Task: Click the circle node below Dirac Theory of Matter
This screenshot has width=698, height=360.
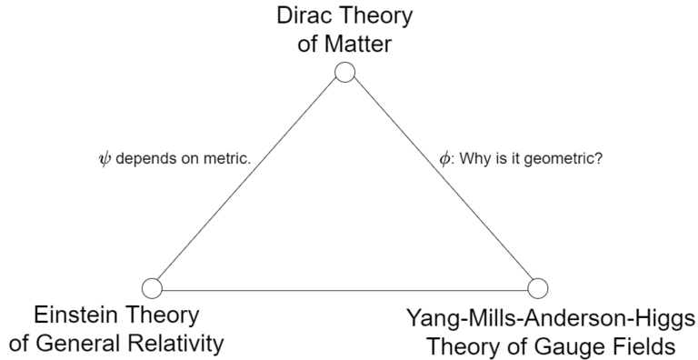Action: point(344,73)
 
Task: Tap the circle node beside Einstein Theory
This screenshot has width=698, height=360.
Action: point(153,288)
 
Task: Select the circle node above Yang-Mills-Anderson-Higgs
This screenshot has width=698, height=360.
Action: point(537,288)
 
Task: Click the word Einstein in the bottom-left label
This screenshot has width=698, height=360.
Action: point(72,317)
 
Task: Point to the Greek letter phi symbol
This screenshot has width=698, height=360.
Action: point(444,158)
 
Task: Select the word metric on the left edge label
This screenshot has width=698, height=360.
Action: point(227,158)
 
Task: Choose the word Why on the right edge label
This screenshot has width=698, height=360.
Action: point(474,158)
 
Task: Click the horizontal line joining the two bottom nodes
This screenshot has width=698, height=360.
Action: point(345,289)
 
